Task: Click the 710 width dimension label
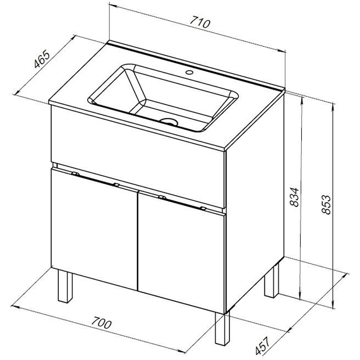200,22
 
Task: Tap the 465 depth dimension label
42,59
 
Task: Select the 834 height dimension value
294,197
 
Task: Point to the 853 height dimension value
326,205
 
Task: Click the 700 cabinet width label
101,323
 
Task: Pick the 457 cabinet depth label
262,345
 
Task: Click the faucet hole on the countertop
189,73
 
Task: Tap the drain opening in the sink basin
169,121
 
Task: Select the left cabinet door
94,229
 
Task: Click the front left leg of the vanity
65,286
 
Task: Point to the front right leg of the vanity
222,328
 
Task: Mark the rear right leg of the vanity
272,281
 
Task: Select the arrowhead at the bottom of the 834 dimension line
300,296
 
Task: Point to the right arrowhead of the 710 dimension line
282,51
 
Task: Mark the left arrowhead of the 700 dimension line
15,307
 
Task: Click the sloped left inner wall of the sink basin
135,85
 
